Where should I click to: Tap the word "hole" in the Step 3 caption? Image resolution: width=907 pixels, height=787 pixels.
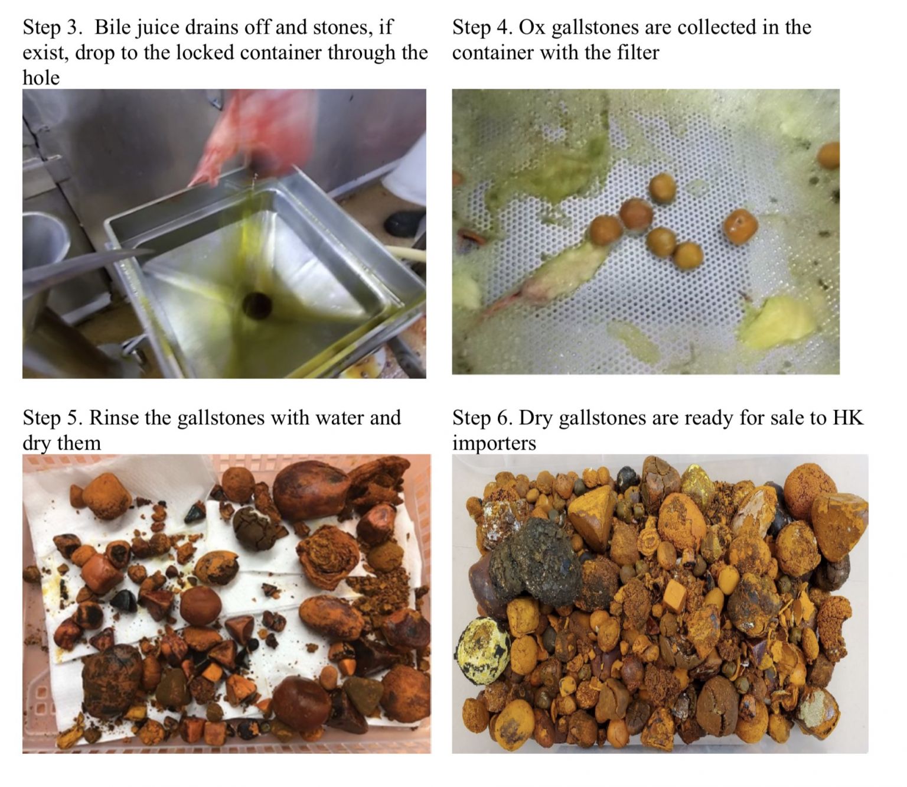pos(41,78)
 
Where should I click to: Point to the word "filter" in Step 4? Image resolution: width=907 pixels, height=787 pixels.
pos(638,53)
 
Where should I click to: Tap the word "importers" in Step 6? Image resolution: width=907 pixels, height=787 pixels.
pos(494,443)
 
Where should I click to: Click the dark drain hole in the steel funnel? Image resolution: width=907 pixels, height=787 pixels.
pos(257,305)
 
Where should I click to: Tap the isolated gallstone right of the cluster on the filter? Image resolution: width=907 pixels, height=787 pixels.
pos(740,227)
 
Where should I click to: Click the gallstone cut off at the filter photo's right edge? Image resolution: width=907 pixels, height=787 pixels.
pos(829,155)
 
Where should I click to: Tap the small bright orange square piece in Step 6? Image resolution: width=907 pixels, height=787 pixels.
pos(674,595)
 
